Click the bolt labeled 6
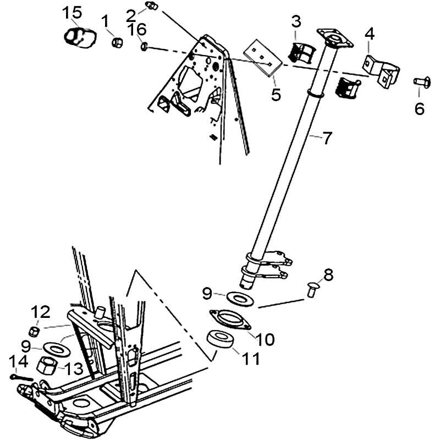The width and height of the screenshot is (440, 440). coord(419,83)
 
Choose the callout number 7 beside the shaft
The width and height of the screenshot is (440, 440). coord(327,137)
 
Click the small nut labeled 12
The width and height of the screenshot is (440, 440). coord(33,331)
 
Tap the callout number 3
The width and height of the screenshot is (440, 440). coord(296,21)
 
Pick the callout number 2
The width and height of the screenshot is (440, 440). coord(131,13)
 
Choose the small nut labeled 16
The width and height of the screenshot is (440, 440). coord(144,47)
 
